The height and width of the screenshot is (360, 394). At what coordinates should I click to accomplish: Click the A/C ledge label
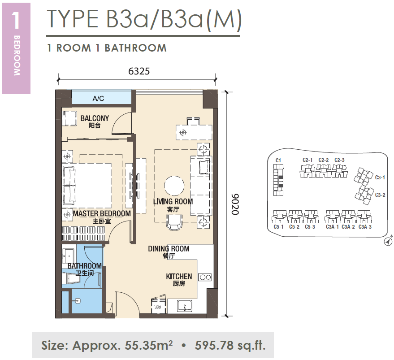[x=98, y=98]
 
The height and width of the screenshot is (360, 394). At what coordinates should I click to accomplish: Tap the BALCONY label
[x=95, y=118]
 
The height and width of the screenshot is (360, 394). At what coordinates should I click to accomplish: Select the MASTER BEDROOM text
[x=102, y=213]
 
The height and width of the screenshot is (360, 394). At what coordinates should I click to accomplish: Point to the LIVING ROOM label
[x=173, y=201]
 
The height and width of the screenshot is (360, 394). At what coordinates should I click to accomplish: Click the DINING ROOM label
[x=169, y=249]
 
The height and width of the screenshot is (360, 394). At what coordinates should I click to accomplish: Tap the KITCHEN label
[x=179, y=277]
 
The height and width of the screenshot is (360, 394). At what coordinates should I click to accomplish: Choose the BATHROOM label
[x=84, y=266]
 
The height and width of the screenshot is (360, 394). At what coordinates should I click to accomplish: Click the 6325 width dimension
[x=139, y=71]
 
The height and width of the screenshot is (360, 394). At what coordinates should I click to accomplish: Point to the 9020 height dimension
[x=235, y=204]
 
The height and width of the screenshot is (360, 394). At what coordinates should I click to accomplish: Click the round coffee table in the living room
[x=174, y=186]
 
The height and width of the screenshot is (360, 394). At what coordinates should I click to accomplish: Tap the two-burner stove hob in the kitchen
[x=205, y=278]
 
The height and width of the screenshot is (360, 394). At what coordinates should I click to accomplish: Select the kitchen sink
[x=185, y=306]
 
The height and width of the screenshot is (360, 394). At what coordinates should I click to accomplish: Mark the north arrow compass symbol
[x=388, y=242]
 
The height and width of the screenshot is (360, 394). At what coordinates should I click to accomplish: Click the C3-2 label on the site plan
[x=380, y=195]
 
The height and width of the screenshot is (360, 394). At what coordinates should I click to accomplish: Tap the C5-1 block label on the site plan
[x=278, y=227]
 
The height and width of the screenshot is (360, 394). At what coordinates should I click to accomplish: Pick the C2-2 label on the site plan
[x=323, y=160]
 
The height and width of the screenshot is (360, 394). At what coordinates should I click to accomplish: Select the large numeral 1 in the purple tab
[x=16, y=20]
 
